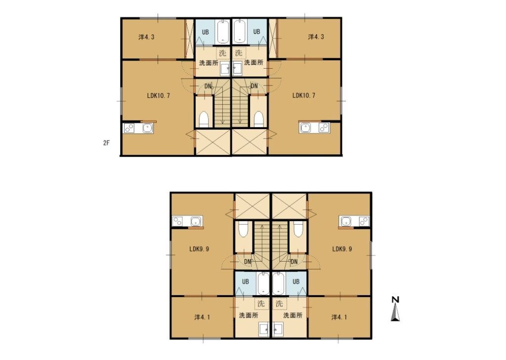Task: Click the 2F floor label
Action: (x=106, y=143)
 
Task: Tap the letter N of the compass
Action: (x=395, y=300)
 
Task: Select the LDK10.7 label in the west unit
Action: (x=158, y=95)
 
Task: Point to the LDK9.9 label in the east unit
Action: (x=342, y=249)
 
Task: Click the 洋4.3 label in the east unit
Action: (x=316, y=37)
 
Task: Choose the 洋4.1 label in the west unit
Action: (x=202, y=317)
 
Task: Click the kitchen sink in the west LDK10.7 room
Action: (x=147, y=128)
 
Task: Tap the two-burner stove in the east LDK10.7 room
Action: (x=323, y=128)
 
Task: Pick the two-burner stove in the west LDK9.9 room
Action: (x=177, y=222)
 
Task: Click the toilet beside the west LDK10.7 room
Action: (x=204, y=120)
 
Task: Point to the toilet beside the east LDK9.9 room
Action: (x=298, y=229)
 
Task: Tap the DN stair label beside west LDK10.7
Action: (x=208, y=86)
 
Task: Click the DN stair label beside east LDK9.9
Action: (x=294, y=262)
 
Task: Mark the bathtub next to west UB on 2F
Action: (x=223, y=31)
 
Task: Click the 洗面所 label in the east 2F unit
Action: (x=253, y=62)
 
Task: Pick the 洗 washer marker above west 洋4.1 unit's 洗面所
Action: (x=261, y=304)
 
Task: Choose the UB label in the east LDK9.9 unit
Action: (x=295, y=281)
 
